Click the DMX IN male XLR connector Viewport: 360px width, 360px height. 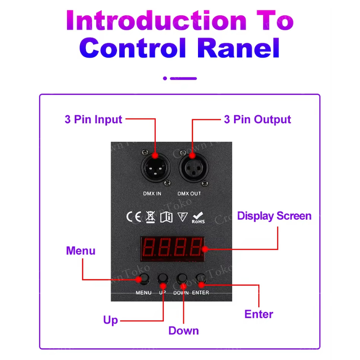(156, 168)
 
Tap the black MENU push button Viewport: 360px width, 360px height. (144, 279)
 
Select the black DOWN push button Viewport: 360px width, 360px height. (182, 279)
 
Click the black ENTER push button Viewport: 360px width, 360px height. (201, 279)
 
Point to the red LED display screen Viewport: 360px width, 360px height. (173, 249)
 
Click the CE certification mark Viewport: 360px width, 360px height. (134, 217)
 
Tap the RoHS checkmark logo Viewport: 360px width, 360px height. (198, 218)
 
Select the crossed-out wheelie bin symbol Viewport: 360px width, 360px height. (150, 217)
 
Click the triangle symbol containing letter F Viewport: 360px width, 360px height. (183, 216)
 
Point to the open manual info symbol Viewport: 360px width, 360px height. (166, 217)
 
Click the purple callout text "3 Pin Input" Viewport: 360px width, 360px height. (93, 120)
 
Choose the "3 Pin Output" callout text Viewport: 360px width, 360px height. (257, 120)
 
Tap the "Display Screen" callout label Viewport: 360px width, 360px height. (274, 216)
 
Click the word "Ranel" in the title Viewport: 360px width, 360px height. (238, 48)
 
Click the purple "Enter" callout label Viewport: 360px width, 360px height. (259, 314)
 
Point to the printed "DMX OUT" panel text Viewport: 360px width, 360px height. (189, 193)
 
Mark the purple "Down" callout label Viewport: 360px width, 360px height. (184, 331)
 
